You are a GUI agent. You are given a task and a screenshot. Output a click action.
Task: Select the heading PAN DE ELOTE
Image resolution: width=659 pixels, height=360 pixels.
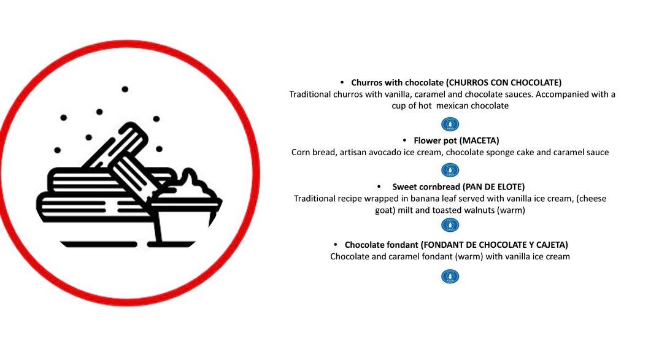493,187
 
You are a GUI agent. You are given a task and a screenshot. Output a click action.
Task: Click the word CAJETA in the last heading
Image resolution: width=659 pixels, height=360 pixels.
550,245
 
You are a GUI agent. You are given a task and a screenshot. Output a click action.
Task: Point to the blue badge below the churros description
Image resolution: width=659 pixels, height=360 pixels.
450,124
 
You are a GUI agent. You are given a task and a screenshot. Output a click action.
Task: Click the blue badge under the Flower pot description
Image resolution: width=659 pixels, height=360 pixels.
450,170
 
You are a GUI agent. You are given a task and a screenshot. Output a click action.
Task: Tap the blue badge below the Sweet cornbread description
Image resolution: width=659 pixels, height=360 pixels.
450,225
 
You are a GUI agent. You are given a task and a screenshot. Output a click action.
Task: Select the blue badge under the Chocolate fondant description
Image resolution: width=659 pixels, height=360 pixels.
450,277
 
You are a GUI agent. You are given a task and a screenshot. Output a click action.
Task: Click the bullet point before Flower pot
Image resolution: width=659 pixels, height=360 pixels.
405,140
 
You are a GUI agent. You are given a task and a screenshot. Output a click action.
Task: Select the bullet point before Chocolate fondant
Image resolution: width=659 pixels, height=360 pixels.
336,245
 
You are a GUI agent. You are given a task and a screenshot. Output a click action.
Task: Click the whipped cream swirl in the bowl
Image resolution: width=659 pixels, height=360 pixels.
191,184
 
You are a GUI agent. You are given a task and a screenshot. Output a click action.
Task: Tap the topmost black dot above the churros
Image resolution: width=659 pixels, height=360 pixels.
125,89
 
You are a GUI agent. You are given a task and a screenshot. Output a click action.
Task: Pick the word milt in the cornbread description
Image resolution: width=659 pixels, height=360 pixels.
405,210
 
